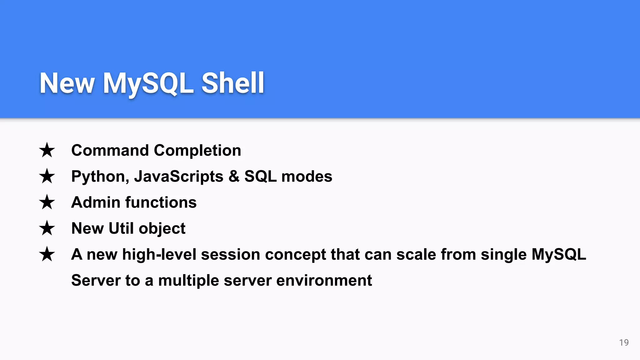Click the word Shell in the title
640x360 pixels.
pyautogui.click(x=233, y=83)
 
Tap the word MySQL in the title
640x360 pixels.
pyautogui.click(x=148, y=83)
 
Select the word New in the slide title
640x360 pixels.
pyautogui.click(x=67, y=83)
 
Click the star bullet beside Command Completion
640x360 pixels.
pyautogui.click(x=47, y=150)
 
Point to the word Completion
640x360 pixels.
pyautogui.click(x=197, y=151)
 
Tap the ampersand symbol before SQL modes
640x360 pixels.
pyautogui.click(x=234, y=176)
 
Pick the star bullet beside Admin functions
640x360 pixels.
pyautogui.click(x=47, y=202)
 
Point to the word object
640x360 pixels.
pyautogui.click(x=162, y=229)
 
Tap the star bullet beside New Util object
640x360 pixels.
pyautogui.click(x=47, y=228)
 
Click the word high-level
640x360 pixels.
pyautogui.click(x=159, y=254)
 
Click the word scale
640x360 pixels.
pyautogui.click(x=416, y=254)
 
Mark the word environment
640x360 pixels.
pyautogui.click(x=324, y=280)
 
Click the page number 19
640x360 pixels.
pyautogui.click(x=624, y=342)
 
